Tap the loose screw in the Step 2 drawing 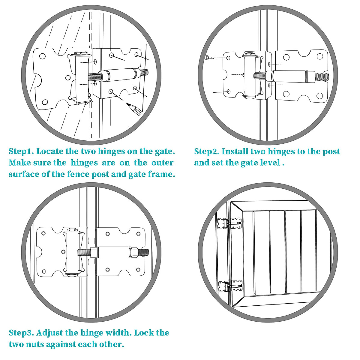pos(208,57)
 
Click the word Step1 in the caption pos(21,151)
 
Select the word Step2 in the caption pos(206,151)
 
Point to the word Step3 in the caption pos(21,333)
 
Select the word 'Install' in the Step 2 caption pos(235,151)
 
